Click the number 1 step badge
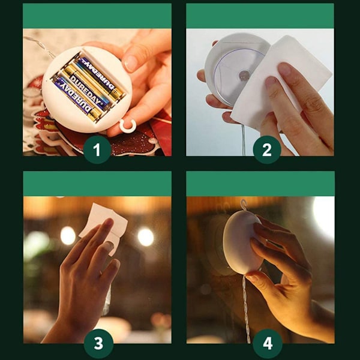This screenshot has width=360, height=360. pyautogui.click(x=97, y=149)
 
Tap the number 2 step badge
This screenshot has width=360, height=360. pyautogui.click(x=267, y=149)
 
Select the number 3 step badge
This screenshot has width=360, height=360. pyautogui.click(x=98, y=343)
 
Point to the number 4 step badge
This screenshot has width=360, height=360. pyautogui.click(x=268, y=343)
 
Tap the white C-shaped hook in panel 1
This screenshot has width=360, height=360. pyautogui.click(x=127, y=126)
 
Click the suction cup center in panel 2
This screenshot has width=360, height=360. pyautogui.click(x=244, y=76)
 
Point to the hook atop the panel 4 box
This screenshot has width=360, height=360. pyautogui.click(x=243, y=205)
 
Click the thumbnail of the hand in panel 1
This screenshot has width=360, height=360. pyautogui.click(x=130, y=62)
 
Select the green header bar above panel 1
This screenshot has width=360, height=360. pyautogui.click(x=97, y=16)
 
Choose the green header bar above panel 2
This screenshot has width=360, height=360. pyautogui.click(x=260, y=16)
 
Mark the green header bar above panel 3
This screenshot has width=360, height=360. pyautogui.click(x=97, y=184)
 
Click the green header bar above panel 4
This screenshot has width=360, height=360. pyautogui.click(x=260, y=184)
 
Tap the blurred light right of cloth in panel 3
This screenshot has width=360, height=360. pyautogui.click(x=146, y=237)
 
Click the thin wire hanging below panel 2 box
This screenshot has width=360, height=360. pyautogui.click(x=243, y=140)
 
